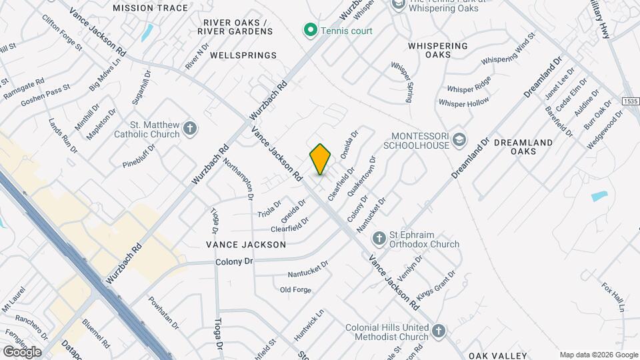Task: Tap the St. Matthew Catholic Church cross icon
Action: pyautogui.click(x=190, y=129)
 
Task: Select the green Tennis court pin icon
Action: pyautogui.click(x=310, y=30)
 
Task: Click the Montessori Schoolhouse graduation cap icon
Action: pyautogui.click(x=458, y=140)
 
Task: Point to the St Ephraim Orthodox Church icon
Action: pyautogui.click(x=379, y=238)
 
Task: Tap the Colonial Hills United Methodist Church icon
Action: pyautogui.click(x=438, y=330)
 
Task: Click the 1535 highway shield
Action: pyautogui.click(x=630, y=101)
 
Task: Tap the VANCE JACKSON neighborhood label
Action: pyautogui.click(x=246, y=245)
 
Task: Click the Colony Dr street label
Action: pyautogui.click(x=234, y=262)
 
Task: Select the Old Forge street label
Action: pyautogui.click(x=295, y=289)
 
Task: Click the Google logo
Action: pyautogui.click(x=22, y=351)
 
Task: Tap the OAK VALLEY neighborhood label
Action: pyautogui.click(x=497, y=355)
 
